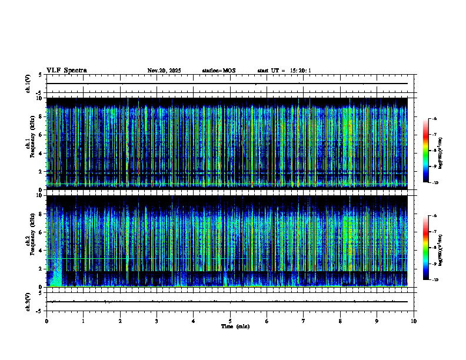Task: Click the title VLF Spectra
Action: coord(66,71)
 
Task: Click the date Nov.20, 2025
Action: coord(164,71)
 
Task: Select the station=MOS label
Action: coord(218,71)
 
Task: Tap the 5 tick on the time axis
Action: coord(230,321)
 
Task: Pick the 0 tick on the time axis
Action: coord(46,321)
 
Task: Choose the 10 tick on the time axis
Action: coord(414,321)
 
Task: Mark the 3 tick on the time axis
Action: coord(157,321)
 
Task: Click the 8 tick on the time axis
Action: coord(340,321)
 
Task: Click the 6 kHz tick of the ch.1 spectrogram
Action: coord(41,135)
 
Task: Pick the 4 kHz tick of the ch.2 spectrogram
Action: coord(41,250)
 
